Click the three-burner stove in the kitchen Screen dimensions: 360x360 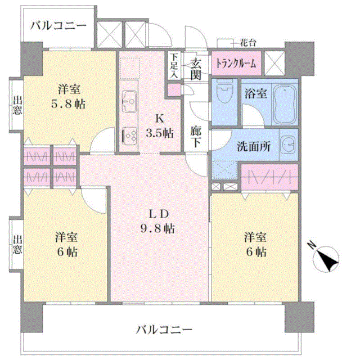pyautogui.click(x=129, y=135)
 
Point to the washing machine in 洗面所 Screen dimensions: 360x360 pyautogui.click(x=288, y=145)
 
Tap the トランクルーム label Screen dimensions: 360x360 pyautogui.click(x=236, y=64)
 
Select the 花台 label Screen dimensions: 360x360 pyautogui.click(x=248, y=43)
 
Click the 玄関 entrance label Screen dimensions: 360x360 pyautogui.click(x=196, y=68)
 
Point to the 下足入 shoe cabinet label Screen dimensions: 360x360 pyautogui.click(x=175, y=66)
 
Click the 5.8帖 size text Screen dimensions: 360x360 pyautogui.click(x=68, y=104)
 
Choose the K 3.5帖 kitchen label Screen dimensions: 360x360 pyautogui.click(x=160, y=126)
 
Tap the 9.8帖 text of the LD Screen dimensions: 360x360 pyautogui.click(x=157, y=228)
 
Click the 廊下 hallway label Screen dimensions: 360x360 pyautogui.click(x=196, y=137)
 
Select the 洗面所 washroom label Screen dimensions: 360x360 pyautogui.click(x=254, y=146)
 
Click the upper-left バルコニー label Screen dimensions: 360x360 pyautogui.click(x=58, y=25)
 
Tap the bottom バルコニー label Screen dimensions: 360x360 pyautogui.click(x=164, y=330)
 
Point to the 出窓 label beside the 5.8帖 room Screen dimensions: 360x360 pyautogui.click(x=17, y=105)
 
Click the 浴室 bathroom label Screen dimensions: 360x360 pyautogui.click(x=256, y=93)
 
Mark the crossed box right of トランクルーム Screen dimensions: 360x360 pyautogui.click(x=274, y=63)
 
